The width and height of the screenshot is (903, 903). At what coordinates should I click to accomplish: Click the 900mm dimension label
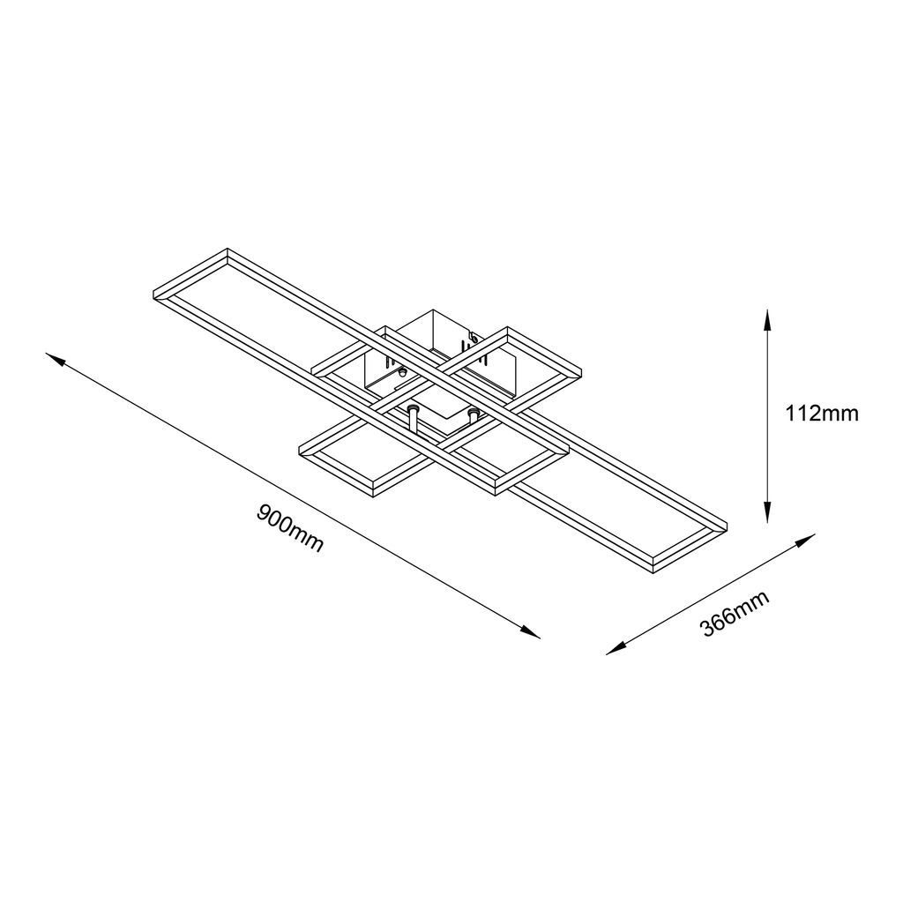(290, 527)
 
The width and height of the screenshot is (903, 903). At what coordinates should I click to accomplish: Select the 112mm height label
(821, 413)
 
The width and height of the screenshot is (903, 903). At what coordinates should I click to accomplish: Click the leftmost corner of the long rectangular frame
(153, 295)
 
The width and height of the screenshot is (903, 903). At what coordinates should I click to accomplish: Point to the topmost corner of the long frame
(228, 250)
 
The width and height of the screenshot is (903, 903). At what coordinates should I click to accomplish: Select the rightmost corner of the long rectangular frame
(727, 526)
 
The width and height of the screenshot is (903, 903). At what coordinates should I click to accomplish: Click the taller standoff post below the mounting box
(413, 418)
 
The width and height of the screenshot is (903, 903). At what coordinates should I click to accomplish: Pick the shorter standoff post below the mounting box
(473, 414)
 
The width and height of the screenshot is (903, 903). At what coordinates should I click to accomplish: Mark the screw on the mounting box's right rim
(474, 336)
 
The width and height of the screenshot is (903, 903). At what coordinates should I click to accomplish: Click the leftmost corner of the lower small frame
(301, 451)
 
